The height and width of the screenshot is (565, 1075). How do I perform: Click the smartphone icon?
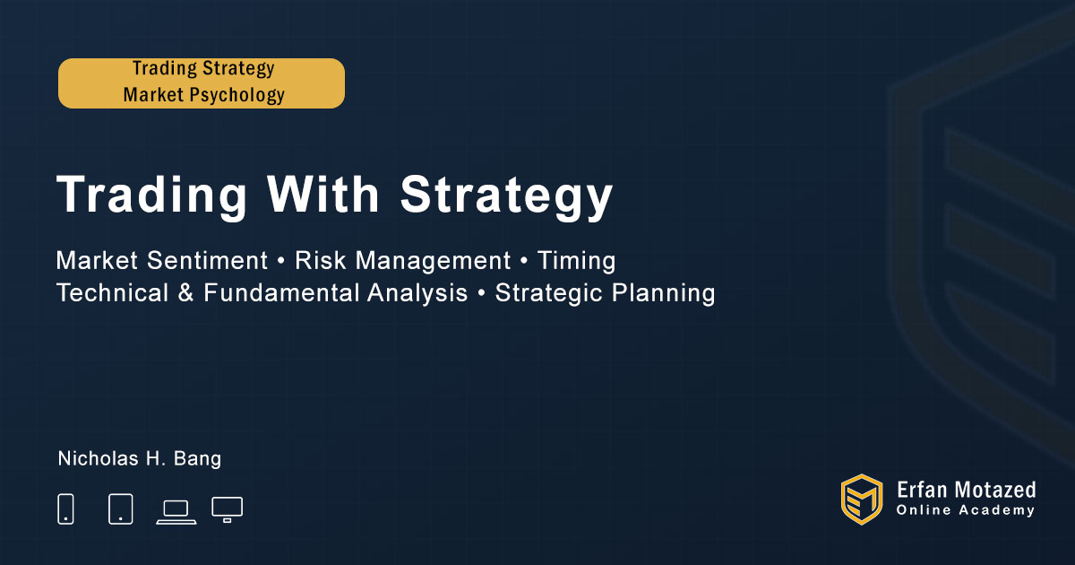pos(65,508)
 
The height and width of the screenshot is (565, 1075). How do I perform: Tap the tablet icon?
pos(120,508)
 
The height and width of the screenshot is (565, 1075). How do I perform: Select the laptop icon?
pos(176,512)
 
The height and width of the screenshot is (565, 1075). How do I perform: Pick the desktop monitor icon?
pos(227,509)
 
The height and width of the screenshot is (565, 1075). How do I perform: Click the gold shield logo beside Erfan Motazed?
pos(862,500)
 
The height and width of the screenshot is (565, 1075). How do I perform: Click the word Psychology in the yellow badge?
pos(237,95)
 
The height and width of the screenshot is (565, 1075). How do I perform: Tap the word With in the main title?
pos(323,194)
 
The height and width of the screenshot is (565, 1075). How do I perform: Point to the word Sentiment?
pos(207,260)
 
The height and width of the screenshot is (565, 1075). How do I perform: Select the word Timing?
pos(576,261)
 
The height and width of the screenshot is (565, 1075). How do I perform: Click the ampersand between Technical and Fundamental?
pos(185,292)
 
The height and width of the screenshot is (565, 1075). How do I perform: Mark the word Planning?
pos(663,293)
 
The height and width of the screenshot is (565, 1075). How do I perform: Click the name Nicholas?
pos(99,458)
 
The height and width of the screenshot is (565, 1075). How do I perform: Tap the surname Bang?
pos(197,459)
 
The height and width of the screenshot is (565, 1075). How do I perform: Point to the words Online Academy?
pos(965,510)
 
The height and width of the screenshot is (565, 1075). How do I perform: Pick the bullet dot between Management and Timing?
pos(524,261)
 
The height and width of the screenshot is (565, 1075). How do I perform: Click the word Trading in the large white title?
pos(151,196)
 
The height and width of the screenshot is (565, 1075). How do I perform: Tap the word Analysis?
pos(417,293)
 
